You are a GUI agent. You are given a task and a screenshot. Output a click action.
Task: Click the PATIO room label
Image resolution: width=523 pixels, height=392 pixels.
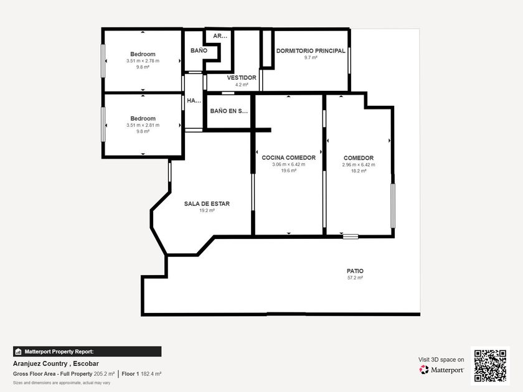355,271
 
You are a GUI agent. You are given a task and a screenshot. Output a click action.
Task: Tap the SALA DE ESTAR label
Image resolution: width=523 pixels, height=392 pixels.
207,203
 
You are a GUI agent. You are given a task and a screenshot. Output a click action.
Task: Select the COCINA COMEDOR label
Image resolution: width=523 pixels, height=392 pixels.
288,157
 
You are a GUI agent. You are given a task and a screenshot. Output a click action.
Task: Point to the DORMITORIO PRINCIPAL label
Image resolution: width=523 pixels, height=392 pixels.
311,50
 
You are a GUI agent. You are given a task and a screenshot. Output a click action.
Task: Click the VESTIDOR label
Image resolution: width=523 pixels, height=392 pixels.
242,78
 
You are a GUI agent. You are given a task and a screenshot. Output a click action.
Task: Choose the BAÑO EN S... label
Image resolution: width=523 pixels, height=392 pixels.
229,111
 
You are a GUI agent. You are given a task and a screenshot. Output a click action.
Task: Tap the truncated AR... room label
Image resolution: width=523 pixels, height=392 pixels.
220,36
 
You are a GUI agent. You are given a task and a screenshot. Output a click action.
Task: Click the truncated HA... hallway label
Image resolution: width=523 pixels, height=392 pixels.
194,100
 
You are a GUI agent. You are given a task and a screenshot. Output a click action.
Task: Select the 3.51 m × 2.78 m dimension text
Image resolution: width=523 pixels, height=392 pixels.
143,61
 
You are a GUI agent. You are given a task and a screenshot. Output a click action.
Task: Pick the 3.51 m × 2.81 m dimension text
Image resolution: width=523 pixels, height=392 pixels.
143,125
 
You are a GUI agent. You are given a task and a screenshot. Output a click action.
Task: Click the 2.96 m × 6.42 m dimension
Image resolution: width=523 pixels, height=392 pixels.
359,165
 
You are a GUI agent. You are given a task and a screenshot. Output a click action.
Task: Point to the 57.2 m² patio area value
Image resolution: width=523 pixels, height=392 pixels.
355,278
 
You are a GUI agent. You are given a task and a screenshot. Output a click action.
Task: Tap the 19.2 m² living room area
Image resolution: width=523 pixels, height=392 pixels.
207,210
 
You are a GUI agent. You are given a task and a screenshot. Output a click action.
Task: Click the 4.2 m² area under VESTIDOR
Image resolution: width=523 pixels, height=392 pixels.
242,85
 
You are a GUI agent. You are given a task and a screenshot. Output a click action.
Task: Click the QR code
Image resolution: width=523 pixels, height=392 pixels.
491,366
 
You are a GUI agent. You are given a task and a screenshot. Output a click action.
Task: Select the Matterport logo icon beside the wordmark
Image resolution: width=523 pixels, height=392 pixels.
424,370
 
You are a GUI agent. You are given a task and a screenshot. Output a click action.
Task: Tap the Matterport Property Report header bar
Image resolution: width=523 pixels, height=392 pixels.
87,352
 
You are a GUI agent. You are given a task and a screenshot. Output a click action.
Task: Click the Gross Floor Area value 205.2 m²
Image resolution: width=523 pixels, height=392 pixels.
104,374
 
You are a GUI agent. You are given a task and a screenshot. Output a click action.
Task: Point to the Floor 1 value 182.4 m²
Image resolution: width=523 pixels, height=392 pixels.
151,374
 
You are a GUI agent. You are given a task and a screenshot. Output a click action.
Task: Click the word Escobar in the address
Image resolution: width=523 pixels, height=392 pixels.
86,363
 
